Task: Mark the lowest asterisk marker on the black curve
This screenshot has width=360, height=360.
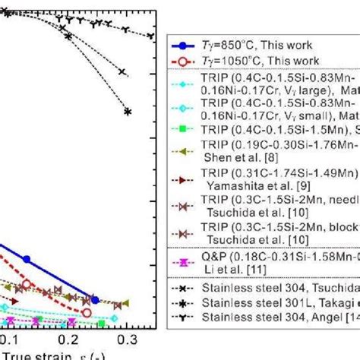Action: tap(127, 112)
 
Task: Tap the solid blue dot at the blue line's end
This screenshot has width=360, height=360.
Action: tap(94, 299)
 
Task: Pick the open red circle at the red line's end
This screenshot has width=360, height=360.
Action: tap(86, 312)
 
